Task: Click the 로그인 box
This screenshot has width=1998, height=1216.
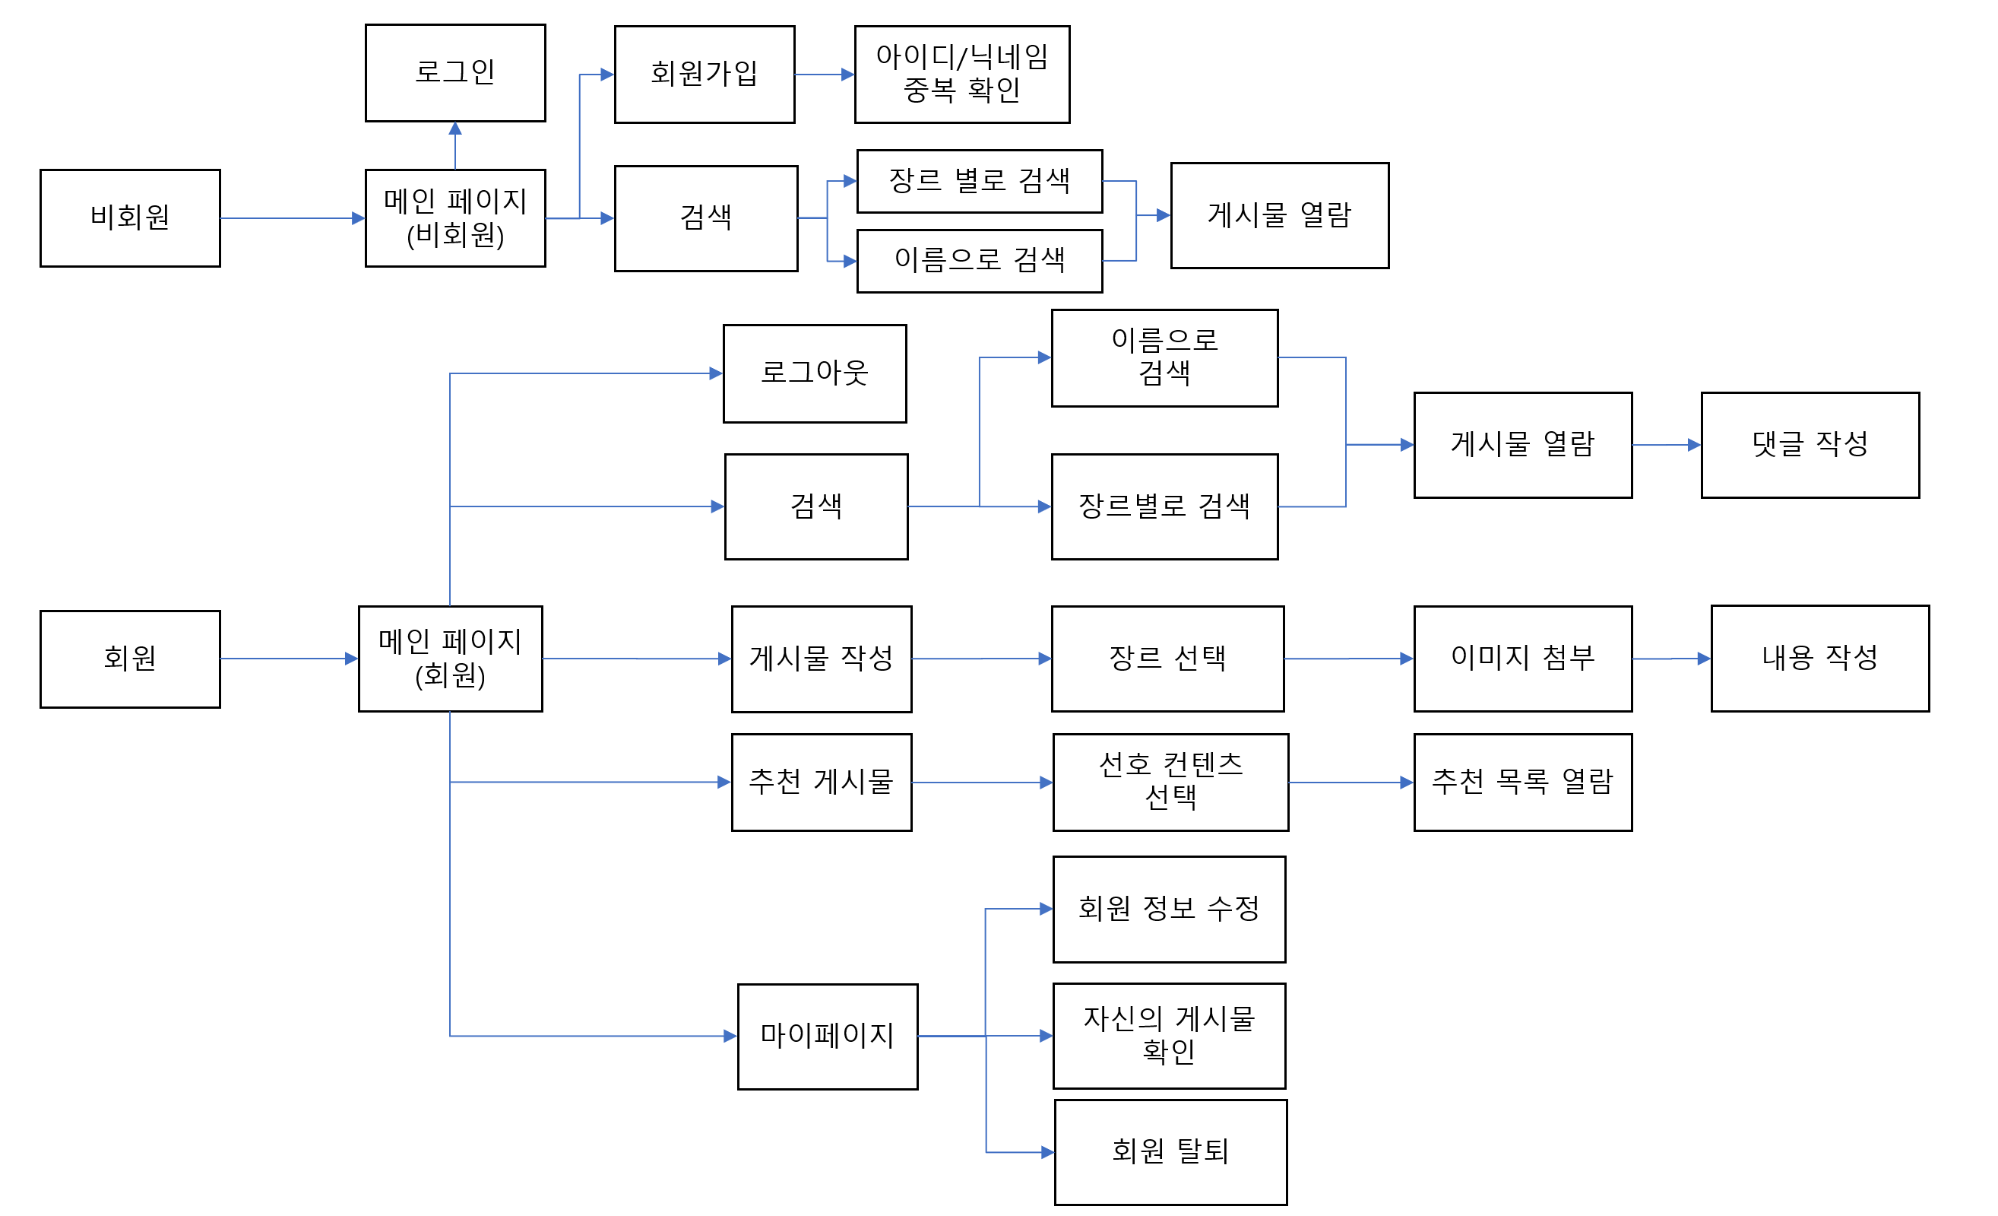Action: tap(455, 73)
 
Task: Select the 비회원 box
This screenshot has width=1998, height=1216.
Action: tap(130, 217)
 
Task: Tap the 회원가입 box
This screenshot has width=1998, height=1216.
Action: tap(704, 74)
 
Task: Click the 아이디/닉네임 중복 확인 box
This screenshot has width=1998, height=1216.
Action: tap(961, 74)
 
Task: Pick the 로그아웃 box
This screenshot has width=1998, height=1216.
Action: tap(814, 373)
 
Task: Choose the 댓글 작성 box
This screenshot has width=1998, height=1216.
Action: tap(1810, 445)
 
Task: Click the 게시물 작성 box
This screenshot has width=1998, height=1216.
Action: tap(822, 659)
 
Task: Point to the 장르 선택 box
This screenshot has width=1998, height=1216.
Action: tap(1167, 659)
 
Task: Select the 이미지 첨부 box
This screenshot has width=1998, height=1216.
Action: tap(1522, 659)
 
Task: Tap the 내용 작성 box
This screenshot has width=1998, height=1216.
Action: tap(1819, 658)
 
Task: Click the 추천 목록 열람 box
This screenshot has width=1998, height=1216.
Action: tap(1522, 782)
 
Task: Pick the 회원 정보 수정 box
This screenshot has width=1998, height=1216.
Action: tap(1168, 909)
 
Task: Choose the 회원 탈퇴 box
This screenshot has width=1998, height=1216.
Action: tap(1170, 1152)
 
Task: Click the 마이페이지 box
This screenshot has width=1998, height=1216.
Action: tap(827, 1036)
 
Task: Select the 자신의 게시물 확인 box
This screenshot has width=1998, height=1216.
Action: tap(1168, 1035)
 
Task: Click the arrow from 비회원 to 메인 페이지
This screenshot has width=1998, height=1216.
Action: tap(292, 218)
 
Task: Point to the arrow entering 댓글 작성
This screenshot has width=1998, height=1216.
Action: tap(1667, 445)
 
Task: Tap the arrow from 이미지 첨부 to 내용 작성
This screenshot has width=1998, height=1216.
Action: tap(1670, 659)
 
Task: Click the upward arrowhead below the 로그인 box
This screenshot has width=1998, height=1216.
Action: tap(455, 129)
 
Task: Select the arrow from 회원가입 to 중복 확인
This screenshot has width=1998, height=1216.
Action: tap(824, 75)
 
